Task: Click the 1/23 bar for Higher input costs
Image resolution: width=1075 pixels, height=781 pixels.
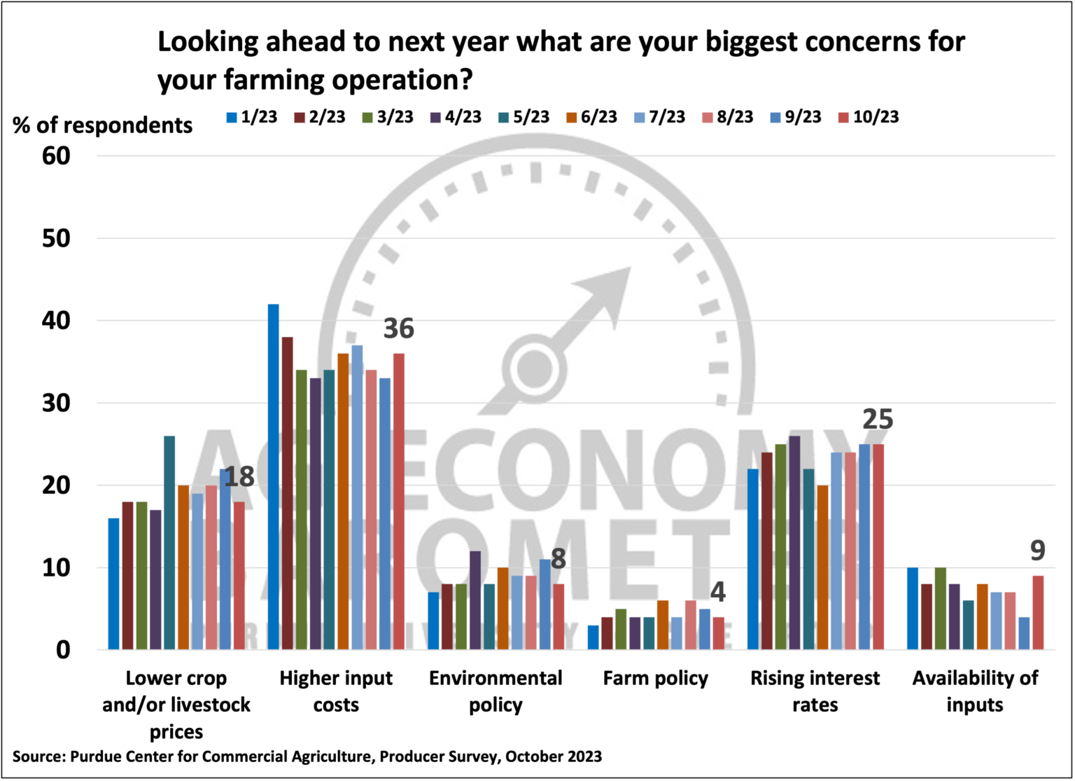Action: click(x=273, y=476)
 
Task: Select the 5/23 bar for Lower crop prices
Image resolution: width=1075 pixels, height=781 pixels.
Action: click(x=169, y=543)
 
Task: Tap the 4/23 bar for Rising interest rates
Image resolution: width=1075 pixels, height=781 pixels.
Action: click(x=794, y=543)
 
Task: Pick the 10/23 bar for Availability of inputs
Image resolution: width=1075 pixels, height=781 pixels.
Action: click(x=1038, y=613)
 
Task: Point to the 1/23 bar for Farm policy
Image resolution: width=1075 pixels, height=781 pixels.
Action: click(x=593, y=637)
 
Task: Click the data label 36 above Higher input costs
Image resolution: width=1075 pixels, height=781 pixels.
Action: click(x=398, y=329)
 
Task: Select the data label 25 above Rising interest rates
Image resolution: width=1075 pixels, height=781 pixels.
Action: click(x=877, y=420)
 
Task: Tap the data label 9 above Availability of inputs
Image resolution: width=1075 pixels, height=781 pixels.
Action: click(x=1037, y=551)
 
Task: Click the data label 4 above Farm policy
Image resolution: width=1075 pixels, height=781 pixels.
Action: click(x=717, y=593)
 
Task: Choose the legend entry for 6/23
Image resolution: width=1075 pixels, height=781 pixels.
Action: click(x=592, y=117)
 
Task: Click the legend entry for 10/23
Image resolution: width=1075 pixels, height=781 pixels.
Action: click(x=869, y=117)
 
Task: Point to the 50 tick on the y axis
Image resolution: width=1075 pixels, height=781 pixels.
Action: click(x=56, y=238)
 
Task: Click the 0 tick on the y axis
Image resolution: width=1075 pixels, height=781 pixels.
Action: click(x=63, y=650)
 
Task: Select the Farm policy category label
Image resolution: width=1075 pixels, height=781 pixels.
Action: click(x=655, y=678)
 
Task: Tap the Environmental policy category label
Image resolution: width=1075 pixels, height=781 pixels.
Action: click(x=496, y=691)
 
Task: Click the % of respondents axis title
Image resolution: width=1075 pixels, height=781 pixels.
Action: click(x=103, y=125)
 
